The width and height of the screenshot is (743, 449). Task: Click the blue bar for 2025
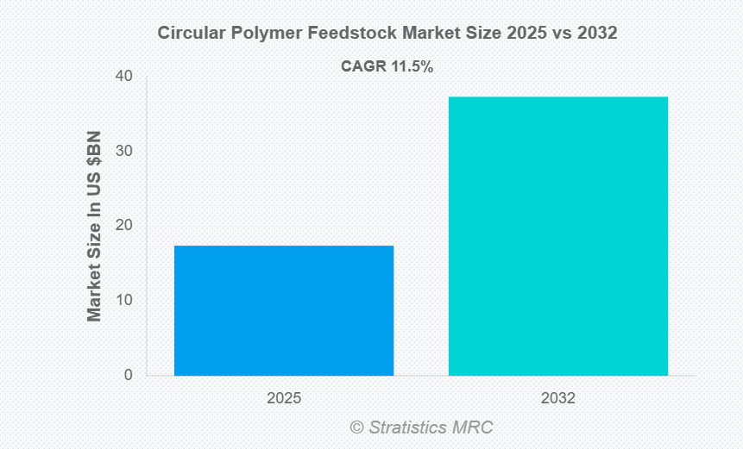(x=284, y=310)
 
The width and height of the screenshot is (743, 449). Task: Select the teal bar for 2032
(x=557, y=236)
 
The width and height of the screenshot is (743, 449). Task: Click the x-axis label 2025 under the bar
(x=284, y=399)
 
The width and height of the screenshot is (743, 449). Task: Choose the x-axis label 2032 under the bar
(x=557, y=399)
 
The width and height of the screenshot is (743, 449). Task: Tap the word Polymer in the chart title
(x=261, y=34)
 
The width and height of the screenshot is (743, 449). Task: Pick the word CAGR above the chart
(x=365, y=66)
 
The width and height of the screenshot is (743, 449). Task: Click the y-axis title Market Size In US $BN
(x=94, y=226)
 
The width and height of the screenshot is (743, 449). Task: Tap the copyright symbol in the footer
(x=356, y=427)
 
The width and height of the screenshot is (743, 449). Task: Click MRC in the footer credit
(x=474, y=427)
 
